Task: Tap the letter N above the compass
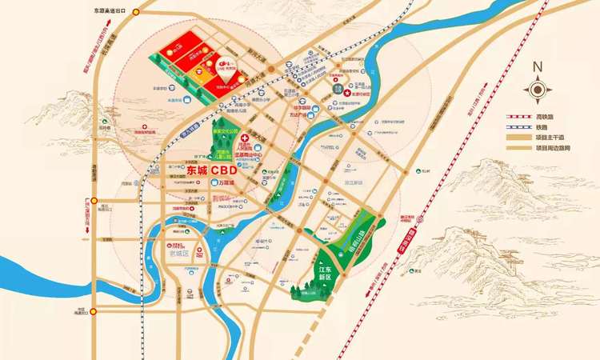tap(538, 68)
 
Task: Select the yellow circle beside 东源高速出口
tap(136, 12)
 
